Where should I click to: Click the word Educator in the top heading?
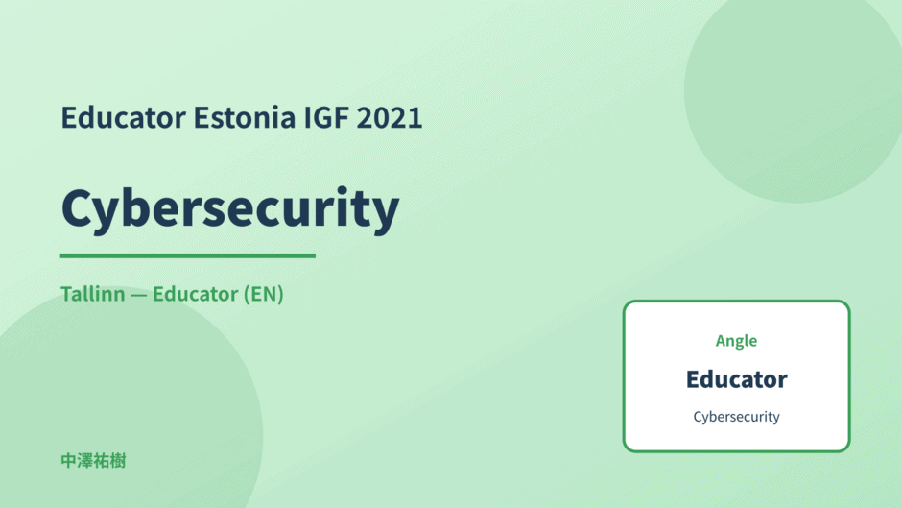tap(124, 117)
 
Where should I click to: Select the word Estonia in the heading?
tap(245, 117)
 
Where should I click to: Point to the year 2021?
tap(390, 117)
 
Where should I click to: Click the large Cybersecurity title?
tap(230, 209)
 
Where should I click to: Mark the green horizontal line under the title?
tap(187, 255)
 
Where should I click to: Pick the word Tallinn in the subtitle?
tap(93, 294)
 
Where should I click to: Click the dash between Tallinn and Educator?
tap(138, 295)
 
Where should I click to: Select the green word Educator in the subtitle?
tap(195, 294)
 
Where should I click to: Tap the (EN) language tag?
tap(264, 294)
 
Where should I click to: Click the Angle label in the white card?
tap(736, 341)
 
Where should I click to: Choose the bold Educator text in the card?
tap(736, 379)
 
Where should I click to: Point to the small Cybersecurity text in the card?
tap(736, 417)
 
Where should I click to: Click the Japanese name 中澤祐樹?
tap(93, 461)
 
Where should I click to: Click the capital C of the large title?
tap(77, 207)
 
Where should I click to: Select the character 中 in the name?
tap(69, 461)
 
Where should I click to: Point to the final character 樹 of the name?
tap(118, 461)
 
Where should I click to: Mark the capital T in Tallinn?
tap(68, 294)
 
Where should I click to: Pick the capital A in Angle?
tap(722, 340)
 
